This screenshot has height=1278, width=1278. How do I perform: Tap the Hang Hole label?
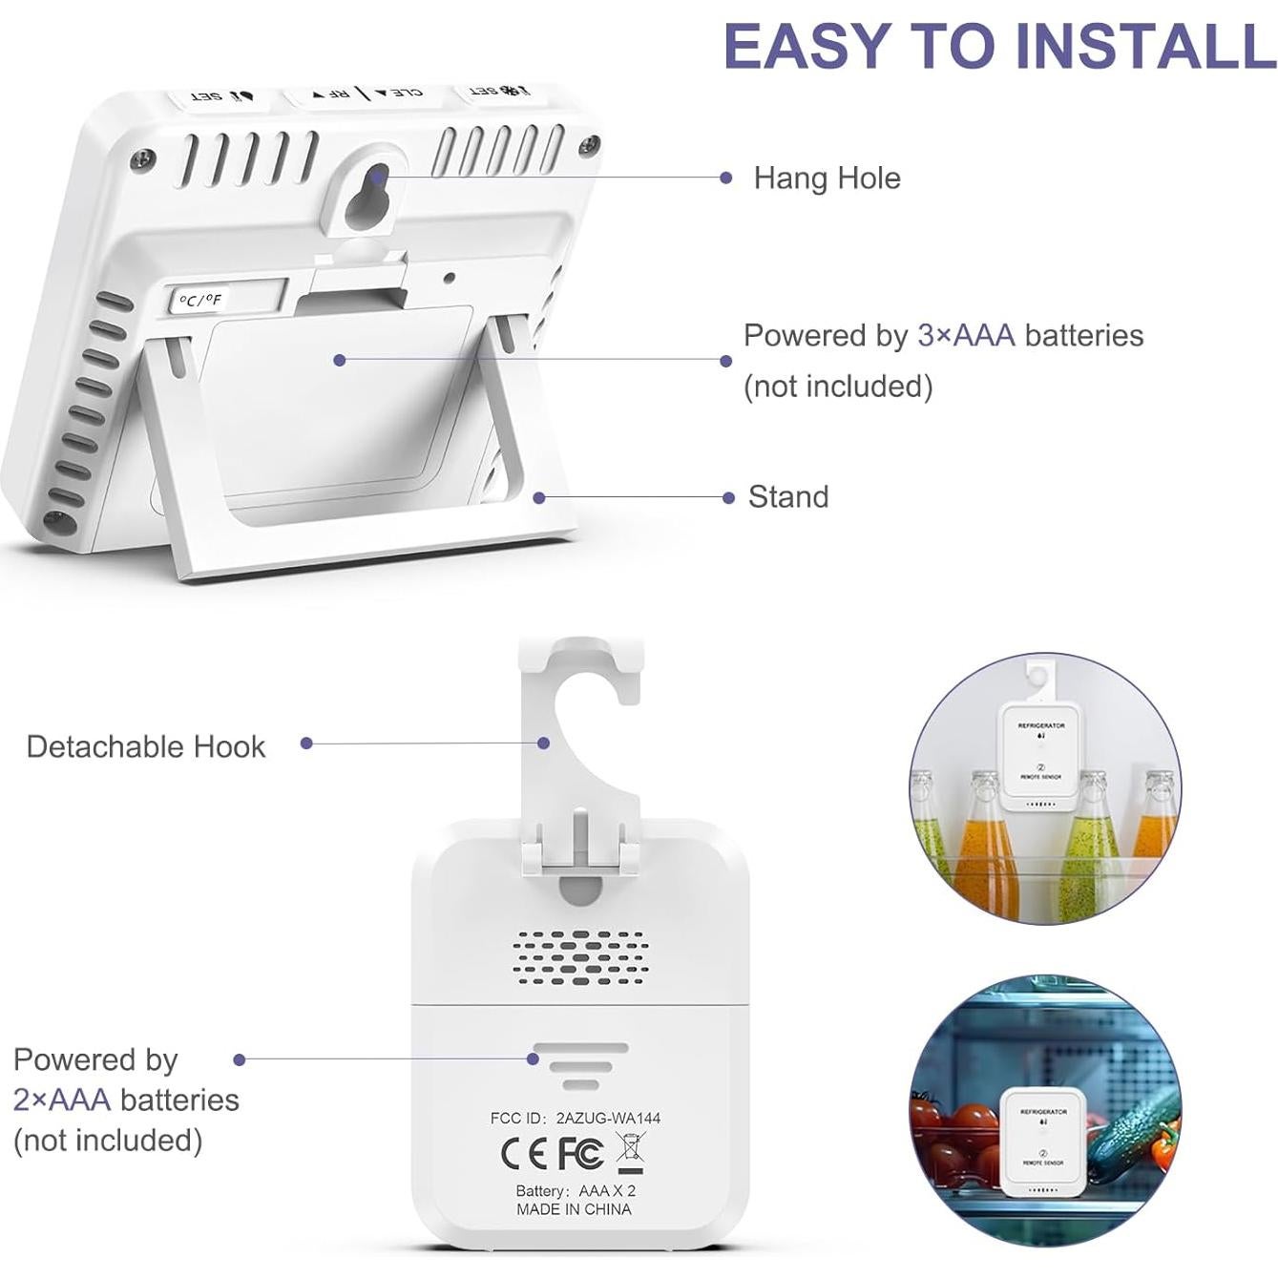(x=827, y=178)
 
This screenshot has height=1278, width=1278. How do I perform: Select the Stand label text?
(x=787, y=497)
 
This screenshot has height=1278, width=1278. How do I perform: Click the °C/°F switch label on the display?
(x=200, y=301)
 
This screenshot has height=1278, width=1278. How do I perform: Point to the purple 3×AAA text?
(x=965, y=336)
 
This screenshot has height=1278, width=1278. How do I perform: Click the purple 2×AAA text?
(x=62, y=1100)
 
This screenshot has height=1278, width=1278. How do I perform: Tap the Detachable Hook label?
(x=145, y=746)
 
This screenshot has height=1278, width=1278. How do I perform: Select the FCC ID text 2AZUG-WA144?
(x=608, y=1118)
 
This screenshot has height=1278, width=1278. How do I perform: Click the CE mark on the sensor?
(x=524, y=1154)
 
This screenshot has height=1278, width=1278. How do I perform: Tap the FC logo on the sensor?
(x=579, y=1153)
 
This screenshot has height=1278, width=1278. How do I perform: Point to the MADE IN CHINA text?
(x=574, y=1209)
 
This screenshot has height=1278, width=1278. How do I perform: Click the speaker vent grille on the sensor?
(x=579, y=957)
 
